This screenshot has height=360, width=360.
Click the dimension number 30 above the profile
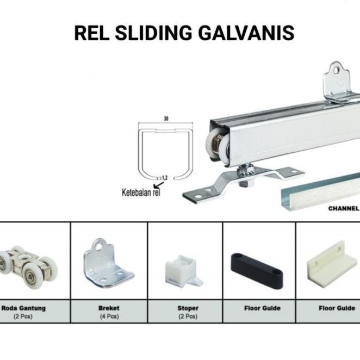pos(165,117)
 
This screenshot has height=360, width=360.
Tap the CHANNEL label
pos(343,208)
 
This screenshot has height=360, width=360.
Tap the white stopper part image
pos(183,269)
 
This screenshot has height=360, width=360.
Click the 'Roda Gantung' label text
pos(24,308)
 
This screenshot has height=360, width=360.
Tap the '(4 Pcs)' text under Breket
pos(109,316)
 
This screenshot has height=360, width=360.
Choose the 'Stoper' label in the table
pos(188,308)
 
